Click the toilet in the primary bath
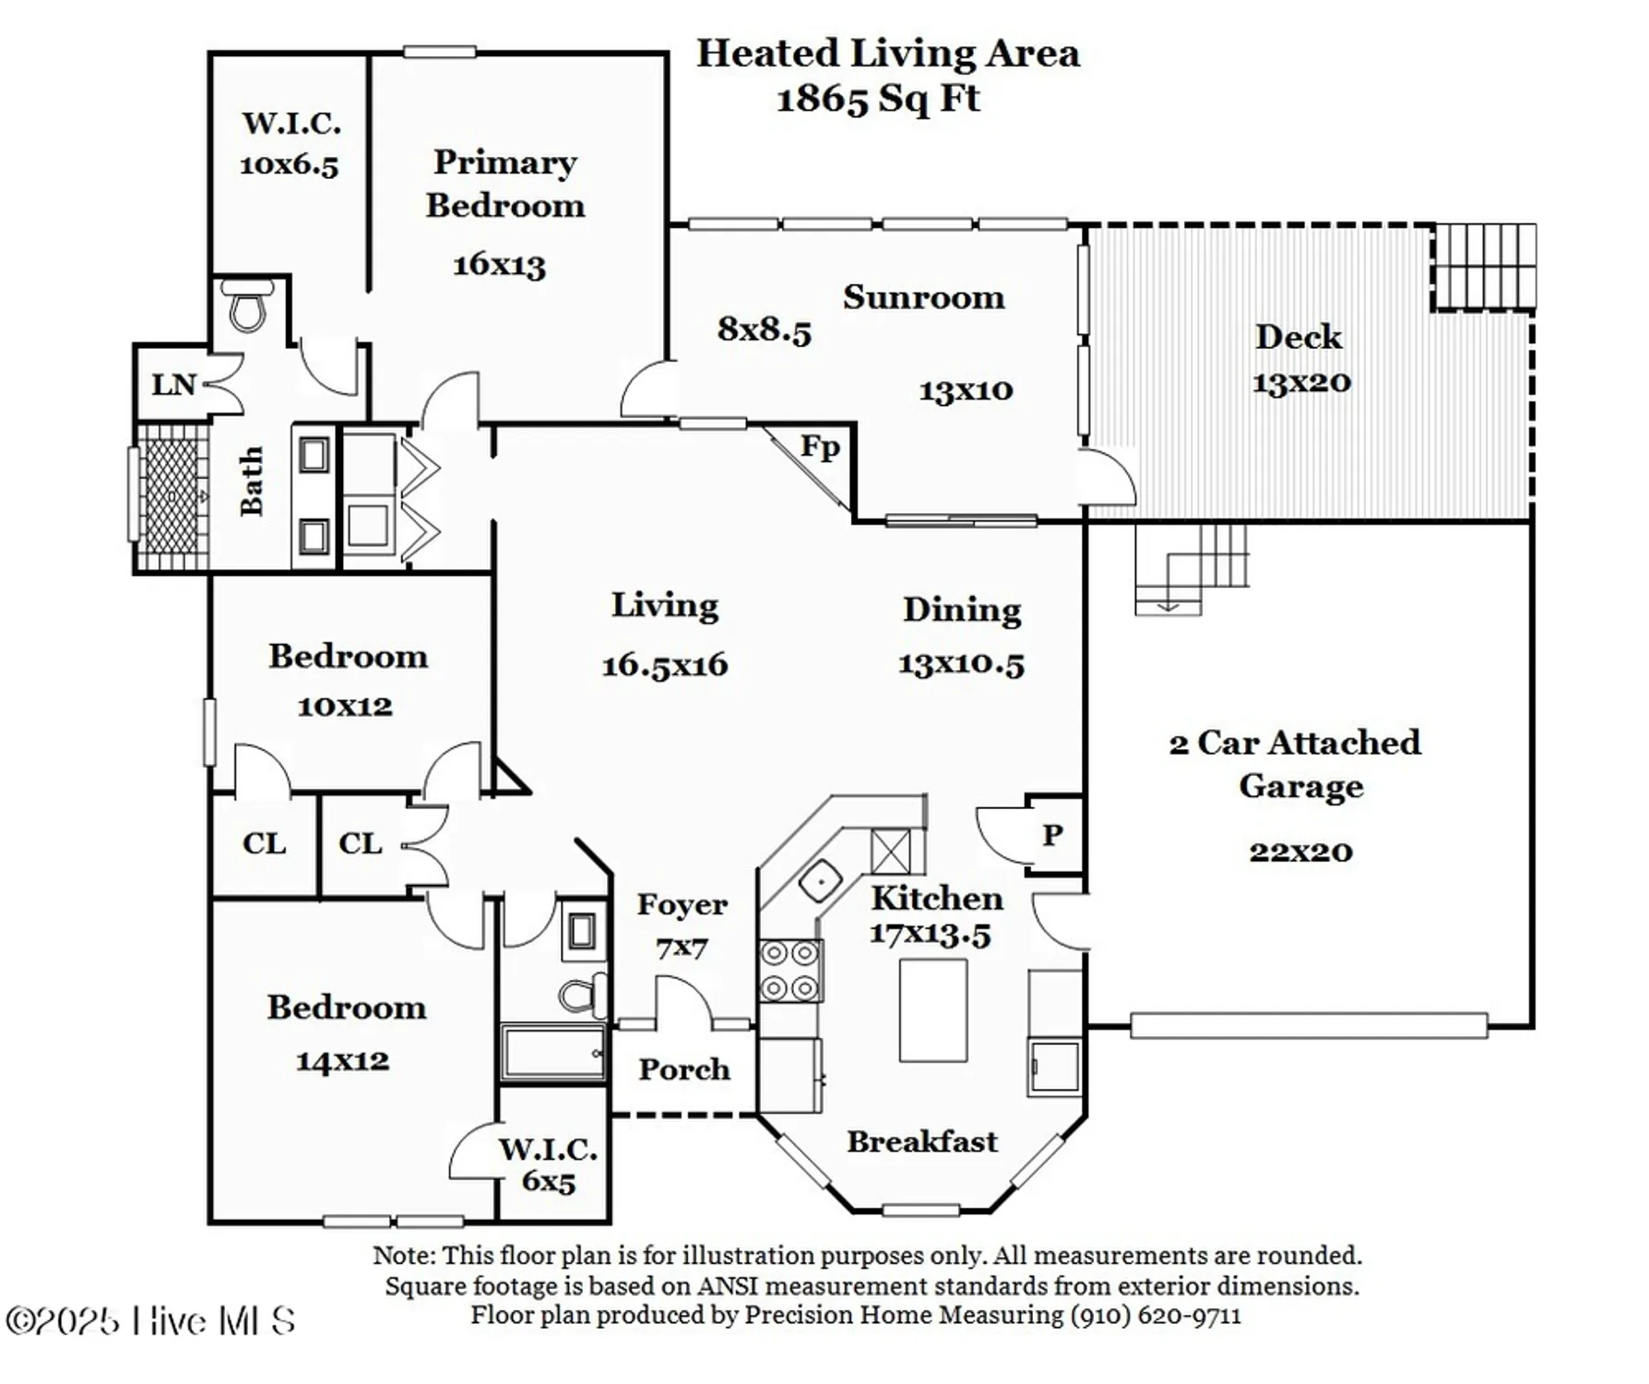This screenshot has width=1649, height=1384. [x=247, y=306]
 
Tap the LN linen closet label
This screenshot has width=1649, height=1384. [x=173, y=385]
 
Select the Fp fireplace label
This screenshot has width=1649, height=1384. [x=820, y=447]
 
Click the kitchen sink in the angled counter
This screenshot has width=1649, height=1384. [x=819, y=881]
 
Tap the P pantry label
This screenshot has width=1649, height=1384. [x=1052, y=835]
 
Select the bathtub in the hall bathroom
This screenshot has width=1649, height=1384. [x=552, y=1052]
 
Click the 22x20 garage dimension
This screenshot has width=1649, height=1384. [x=1300, y=851]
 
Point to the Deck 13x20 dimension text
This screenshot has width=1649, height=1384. [x=1300, y=382]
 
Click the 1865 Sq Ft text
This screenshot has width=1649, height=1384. [x=877, y=99]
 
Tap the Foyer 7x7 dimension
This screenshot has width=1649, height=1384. [x=682, y=948]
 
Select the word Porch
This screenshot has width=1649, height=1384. [x=683, y=1069]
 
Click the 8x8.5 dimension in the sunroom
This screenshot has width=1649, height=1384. [x=764, y=329]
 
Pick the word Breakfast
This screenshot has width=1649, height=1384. [x=921, y=1142]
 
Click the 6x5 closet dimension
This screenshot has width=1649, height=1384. [x=548, y=1182]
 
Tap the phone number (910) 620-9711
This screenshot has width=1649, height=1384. [x=1156, y=1315]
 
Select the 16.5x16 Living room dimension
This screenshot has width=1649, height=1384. [x=664, y=664]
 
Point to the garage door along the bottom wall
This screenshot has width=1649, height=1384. [x=1308, y=1026]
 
